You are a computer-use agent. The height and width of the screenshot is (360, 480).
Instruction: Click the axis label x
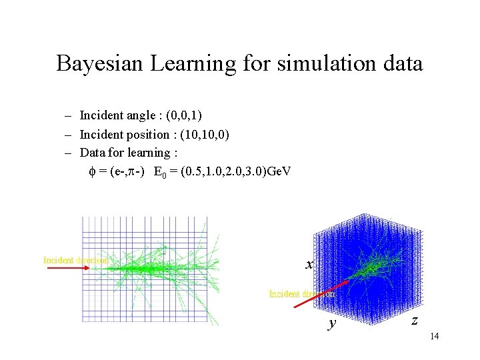point(309,265)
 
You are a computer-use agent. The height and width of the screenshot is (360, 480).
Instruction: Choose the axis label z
point(415,320)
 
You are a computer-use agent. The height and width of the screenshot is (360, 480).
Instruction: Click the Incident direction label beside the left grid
point(75,260)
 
